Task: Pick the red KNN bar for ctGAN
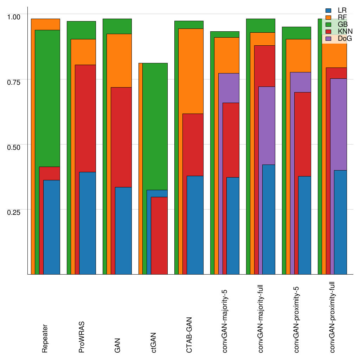[159, 236]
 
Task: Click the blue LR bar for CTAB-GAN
[195, 225]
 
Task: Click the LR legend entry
[337, 11]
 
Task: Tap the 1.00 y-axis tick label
[14, 16]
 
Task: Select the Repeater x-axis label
[45, 338]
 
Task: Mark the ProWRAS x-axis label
[81, 337]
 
